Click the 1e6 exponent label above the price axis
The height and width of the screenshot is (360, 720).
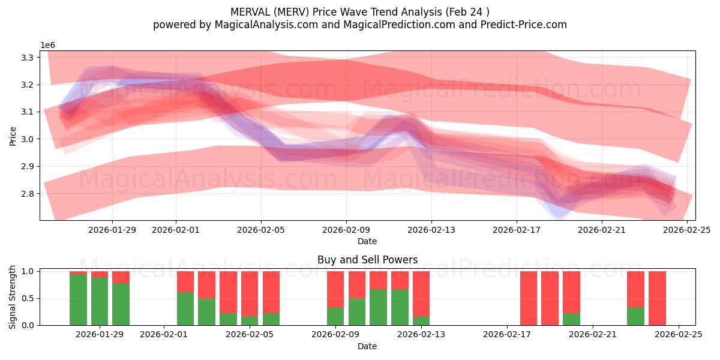coord(48,46)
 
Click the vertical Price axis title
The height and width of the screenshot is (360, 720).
coord(13,136)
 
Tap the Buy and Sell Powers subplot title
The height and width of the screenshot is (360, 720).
coord(367,260)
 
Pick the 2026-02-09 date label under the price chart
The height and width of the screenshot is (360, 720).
coord(346,229)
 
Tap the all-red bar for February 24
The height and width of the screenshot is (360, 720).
coord(657,298)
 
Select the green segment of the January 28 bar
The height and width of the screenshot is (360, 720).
coord(78,300)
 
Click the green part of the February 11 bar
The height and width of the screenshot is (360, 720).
coord(400,307)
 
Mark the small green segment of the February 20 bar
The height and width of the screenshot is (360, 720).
coord(571,319)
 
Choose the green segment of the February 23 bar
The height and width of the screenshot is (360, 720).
coord(635,316)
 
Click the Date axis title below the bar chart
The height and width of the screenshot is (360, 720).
coord(367,346)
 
